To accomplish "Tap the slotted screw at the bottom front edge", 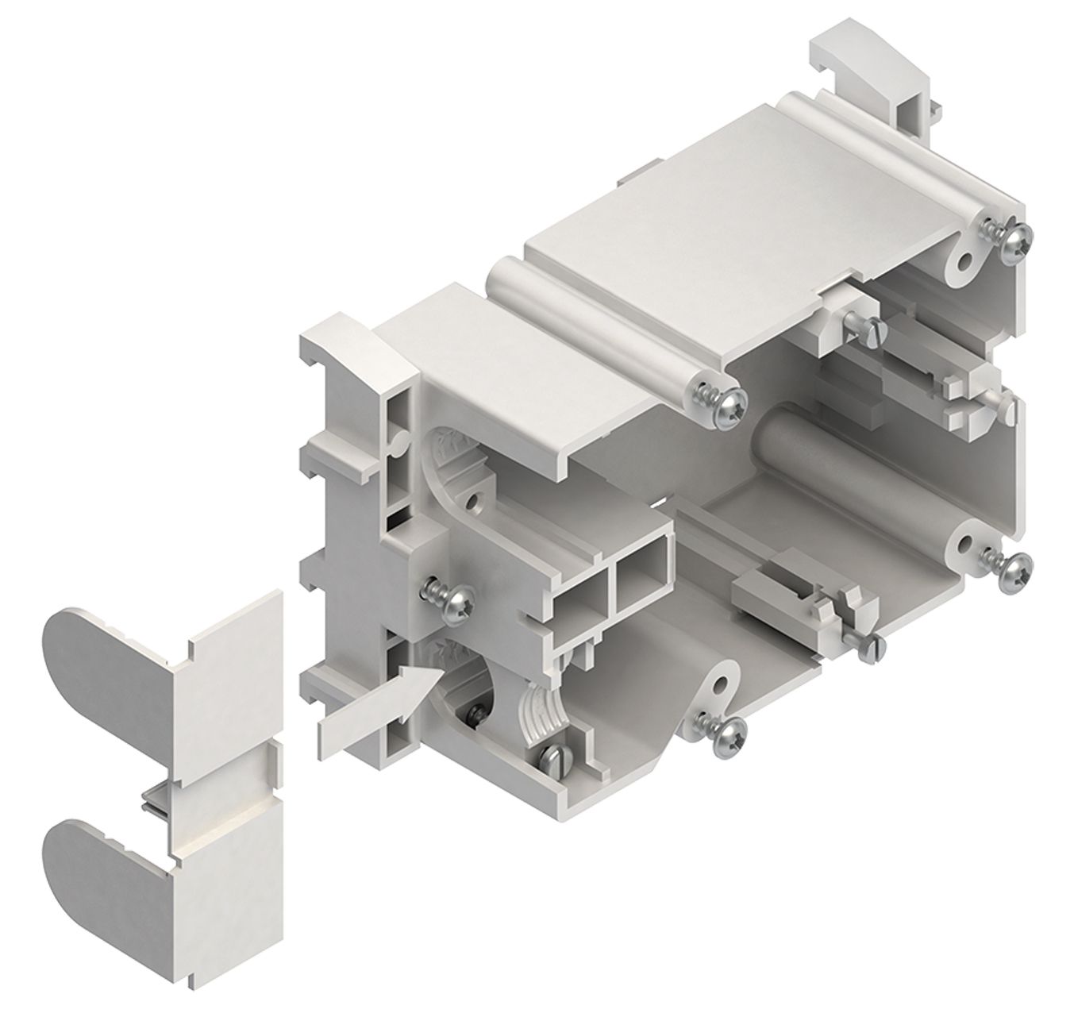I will click(x=558, y=759).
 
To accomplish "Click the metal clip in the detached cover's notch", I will click(x=156, y=802).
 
